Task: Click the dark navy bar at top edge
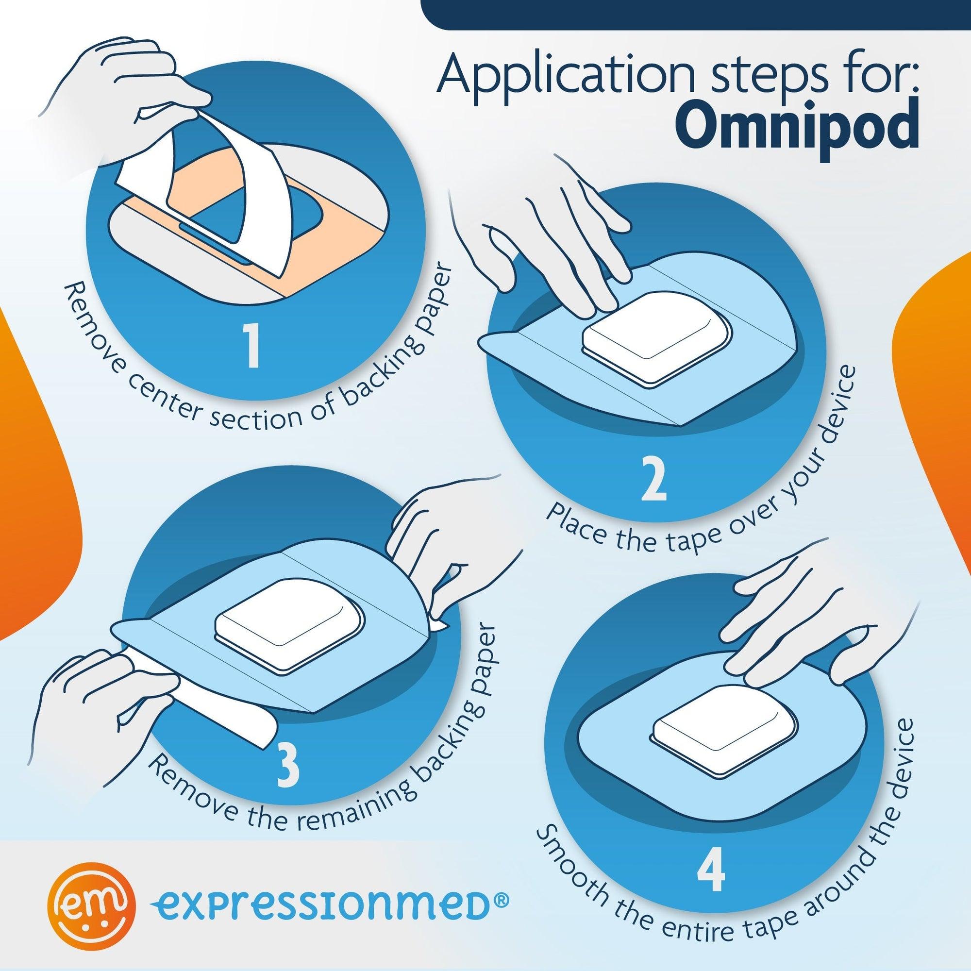[x=694, y=10]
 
